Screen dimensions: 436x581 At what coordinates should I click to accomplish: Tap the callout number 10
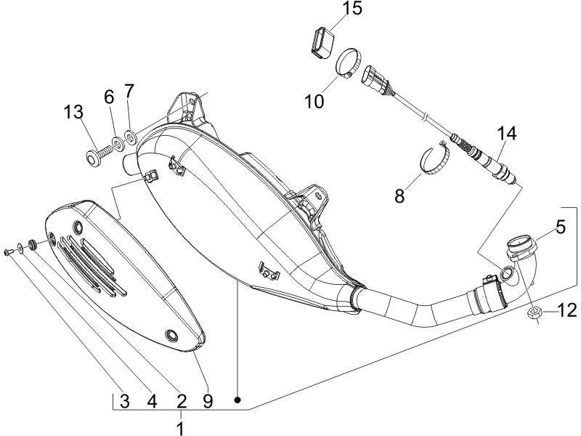pos(314,101)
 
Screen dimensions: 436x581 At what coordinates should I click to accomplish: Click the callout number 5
pos(561,227)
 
